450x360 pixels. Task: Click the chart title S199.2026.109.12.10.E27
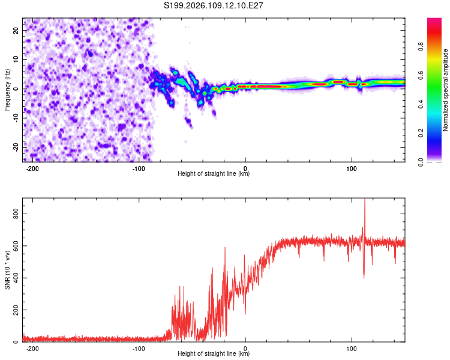214,6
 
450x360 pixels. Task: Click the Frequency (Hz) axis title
7,90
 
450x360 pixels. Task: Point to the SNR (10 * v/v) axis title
7,270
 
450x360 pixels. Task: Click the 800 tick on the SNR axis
13,214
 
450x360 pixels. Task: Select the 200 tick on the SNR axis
13,310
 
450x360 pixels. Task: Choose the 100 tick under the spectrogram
352,168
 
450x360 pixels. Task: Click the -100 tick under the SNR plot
139,348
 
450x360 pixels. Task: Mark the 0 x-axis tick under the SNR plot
245,348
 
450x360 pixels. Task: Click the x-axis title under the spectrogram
214,174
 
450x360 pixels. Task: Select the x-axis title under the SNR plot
214,354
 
